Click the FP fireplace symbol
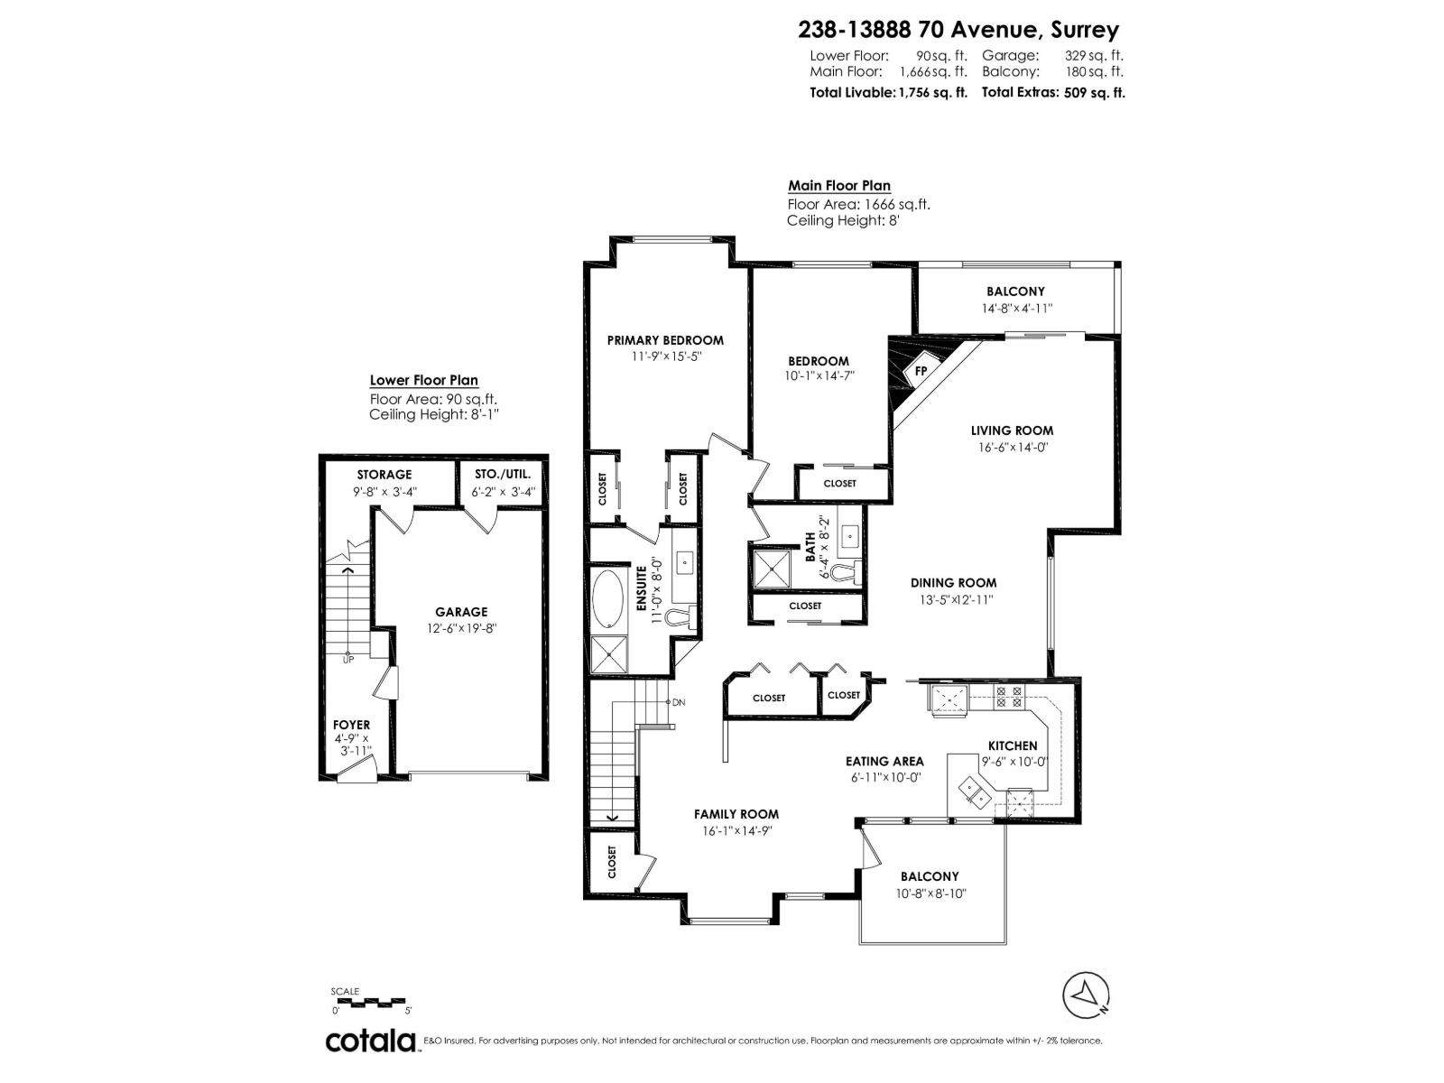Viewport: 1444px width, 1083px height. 920,370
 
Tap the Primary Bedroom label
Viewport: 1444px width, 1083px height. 665,340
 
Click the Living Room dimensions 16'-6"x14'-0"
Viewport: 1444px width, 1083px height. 1012,447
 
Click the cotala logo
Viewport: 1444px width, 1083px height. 370,1041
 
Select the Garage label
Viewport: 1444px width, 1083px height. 460,612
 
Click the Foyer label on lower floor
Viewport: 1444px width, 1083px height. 351,725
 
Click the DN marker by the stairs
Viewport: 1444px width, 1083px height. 679,702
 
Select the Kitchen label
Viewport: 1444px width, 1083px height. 1012,745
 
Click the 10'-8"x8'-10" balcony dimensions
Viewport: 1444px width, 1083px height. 930,893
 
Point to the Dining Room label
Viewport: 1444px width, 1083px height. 952,583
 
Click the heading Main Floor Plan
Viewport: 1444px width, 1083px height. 838,186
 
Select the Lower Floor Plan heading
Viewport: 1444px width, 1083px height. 423,381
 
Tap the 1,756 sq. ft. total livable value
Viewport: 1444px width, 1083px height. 932,92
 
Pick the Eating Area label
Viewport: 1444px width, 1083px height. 884,761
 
